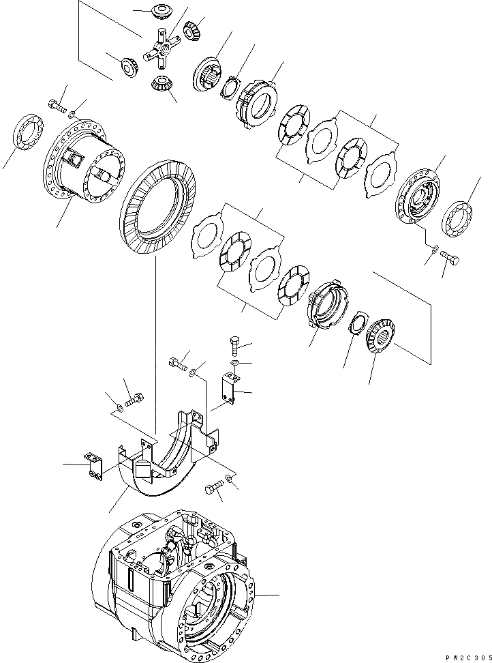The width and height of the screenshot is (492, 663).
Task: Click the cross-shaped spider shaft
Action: tap(160, 51)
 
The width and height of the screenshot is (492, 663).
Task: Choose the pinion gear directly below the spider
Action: tap(161, 85)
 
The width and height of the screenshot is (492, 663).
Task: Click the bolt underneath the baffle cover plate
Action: tap(213, 488)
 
